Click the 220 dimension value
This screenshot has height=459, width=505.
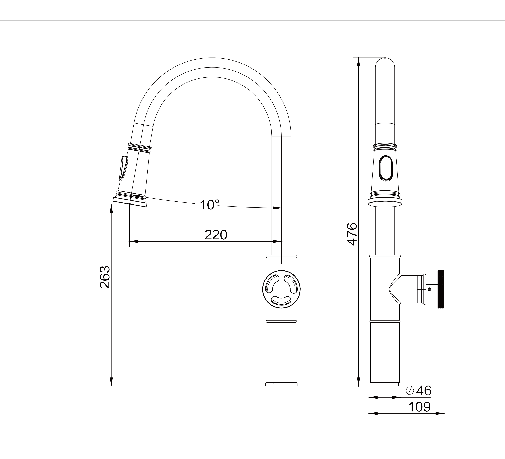tap(216, 235)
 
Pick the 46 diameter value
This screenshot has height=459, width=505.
tap(424, 391)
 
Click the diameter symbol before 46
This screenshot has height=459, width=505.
tap(410, 391)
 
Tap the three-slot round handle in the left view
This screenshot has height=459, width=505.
tap(281, 289)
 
